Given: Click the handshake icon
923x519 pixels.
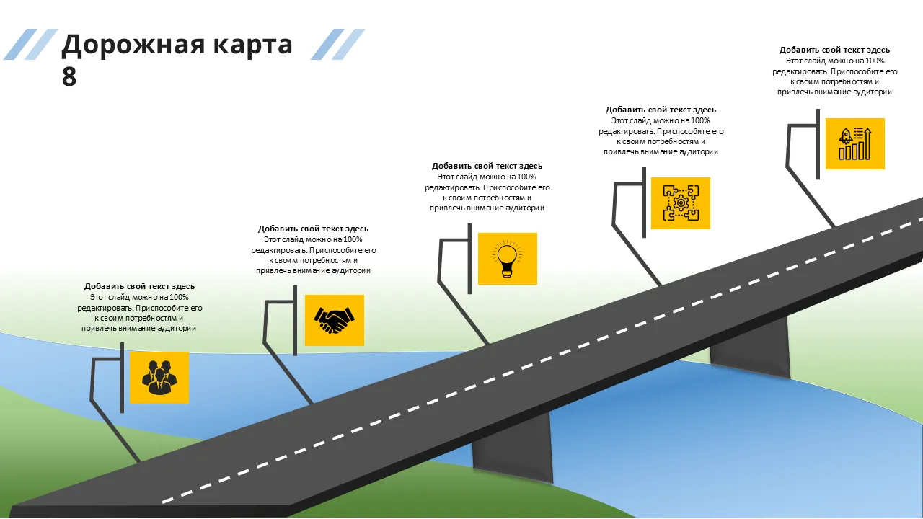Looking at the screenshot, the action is click(334, 321).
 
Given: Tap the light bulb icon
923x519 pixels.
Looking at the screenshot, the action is click(507, 258).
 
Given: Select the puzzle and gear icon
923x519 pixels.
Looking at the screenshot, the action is click(681, 203).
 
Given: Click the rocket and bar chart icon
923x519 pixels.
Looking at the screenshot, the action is click(855, 143).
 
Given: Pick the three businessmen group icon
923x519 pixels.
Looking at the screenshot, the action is click(159, 377).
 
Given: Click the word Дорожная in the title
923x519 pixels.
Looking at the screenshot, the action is click(133, 45).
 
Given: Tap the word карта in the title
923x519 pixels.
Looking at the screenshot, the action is click(252, 45).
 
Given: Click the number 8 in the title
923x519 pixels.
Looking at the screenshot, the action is click(69, 76).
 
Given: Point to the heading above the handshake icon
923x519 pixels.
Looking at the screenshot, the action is click(313, 229).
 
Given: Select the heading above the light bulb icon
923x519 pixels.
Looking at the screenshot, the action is click(487, 166).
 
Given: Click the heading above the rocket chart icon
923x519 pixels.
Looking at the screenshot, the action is click(834, 50).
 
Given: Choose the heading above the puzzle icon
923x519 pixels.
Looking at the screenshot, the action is click(661, 110).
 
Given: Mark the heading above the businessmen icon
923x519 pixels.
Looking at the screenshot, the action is click(139, 286).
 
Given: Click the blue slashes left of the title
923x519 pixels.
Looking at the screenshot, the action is click(31, 44).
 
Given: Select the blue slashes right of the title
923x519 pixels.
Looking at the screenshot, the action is click(338, 44).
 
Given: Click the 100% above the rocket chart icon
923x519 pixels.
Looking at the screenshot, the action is click(875, 61).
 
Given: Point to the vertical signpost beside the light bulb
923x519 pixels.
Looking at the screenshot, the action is click(469, 259).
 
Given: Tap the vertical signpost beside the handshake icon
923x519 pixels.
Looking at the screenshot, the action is click(295, 321).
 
